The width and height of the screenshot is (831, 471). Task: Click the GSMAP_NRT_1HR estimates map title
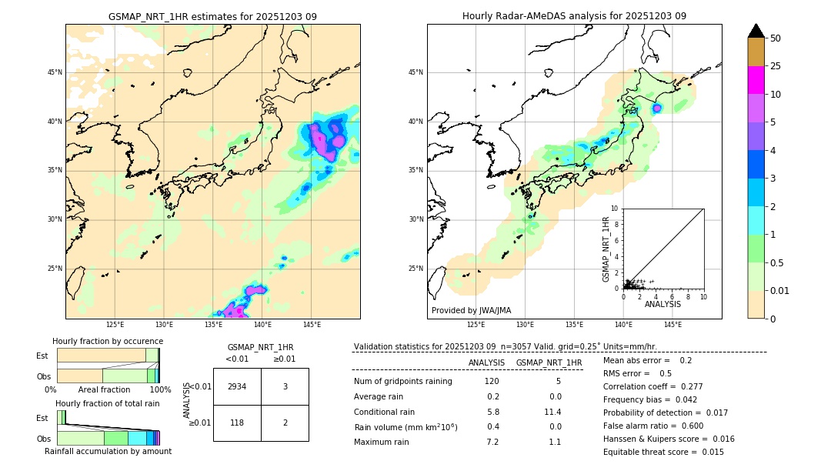click(212, 16)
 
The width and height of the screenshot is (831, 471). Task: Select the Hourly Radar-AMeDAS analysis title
click(574, 16)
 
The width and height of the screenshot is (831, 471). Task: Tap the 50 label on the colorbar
click(776, 38)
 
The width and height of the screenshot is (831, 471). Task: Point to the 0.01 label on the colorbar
click(780, 290)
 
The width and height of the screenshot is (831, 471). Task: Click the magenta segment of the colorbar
click(756, 80)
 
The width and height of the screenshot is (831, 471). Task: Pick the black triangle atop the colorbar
click(756, 31)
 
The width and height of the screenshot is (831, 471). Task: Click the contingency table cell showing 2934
click(237, 386)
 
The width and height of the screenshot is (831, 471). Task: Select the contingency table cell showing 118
click(237, 423)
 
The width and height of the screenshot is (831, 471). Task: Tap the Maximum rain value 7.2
click(492, 442)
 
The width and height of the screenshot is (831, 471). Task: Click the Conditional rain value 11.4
click(554, 412)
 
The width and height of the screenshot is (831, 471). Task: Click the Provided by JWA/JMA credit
click(471, 310)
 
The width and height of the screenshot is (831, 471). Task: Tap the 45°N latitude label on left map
click(55, 72)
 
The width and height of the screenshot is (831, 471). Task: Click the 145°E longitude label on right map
click(672, 325)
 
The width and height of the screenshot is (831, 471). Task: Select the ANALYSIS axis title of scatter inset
click(662, 304)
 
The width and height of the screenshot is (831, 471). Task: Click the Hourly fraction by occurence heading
click(108, 341)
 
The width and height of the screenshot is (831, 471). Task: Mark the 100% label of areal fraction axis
click(160, 390)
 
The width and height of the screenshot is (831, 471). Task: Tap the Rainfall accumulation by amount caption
click(108, 451)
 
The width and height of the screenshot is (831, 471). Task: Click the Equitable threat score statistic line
click(663, 452)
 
